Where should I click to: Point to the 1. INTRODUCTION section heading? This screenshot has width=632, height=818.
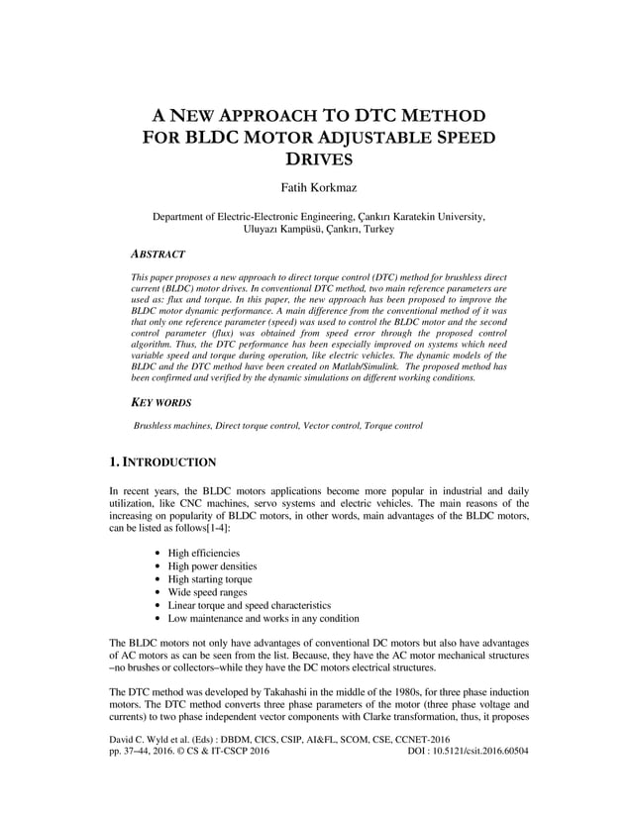coord(162,461)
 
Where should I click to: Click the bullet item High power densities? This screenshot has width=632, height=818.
coord(210,565)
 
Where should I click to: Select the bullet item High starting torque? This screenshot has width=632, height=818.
coord(209,578)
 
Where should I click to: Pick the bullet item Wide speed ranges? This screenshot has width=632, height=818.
coord(208,591)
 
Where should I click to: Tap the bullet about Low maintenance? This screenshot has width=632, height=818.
coord(263,618)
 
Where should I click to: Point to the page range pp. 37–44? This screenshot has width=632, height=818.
coord(136,779)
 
